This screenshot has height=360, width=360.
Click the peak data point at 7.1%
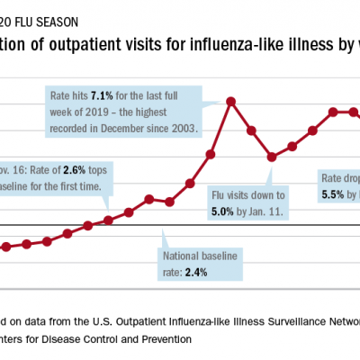click(x=231, y=101)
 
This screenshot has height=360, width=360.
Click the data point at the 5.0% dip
click(x=272, y=157)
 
